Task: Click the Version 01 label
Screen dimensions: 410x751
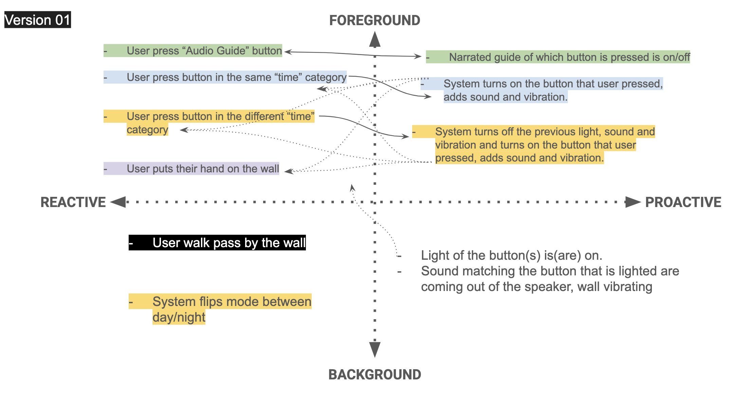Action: click(x=37, y=20)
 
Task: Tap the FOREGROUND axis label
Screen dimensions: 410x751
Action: click(x=374, y=20)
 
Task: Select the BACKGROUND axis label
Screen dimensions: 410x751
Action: click(x=374, y=374)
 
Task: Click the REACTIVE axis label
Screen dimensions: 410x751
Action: click(x=73, y=202)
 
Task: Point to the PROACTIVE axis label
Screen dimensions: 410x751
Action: click(x=683, y=202)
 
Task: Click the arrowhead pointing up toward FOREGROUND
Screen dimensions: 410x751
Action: click(x=375, y=39)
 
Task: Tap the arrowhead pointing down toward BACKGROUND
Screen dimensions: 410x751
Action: click(x=375, y=349)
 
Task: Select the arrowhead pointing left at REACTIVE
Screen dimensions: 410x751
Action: click(x=118, y=202)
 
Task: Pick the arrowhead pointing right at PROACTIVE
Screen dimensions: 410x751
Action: click(x=633, y=202)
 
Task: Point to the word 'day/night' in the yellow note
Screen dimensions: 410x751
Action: click(x=179, y=317)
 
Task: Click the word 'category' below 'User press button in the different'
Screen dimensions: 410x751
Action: click(x=147, y=130)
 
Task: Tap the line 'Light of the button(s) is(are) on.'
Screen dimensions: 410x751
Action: click(x=511, y=255)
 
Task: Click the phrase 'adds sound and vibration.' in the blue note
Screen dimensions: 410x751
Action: click(x=505, y=97)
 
